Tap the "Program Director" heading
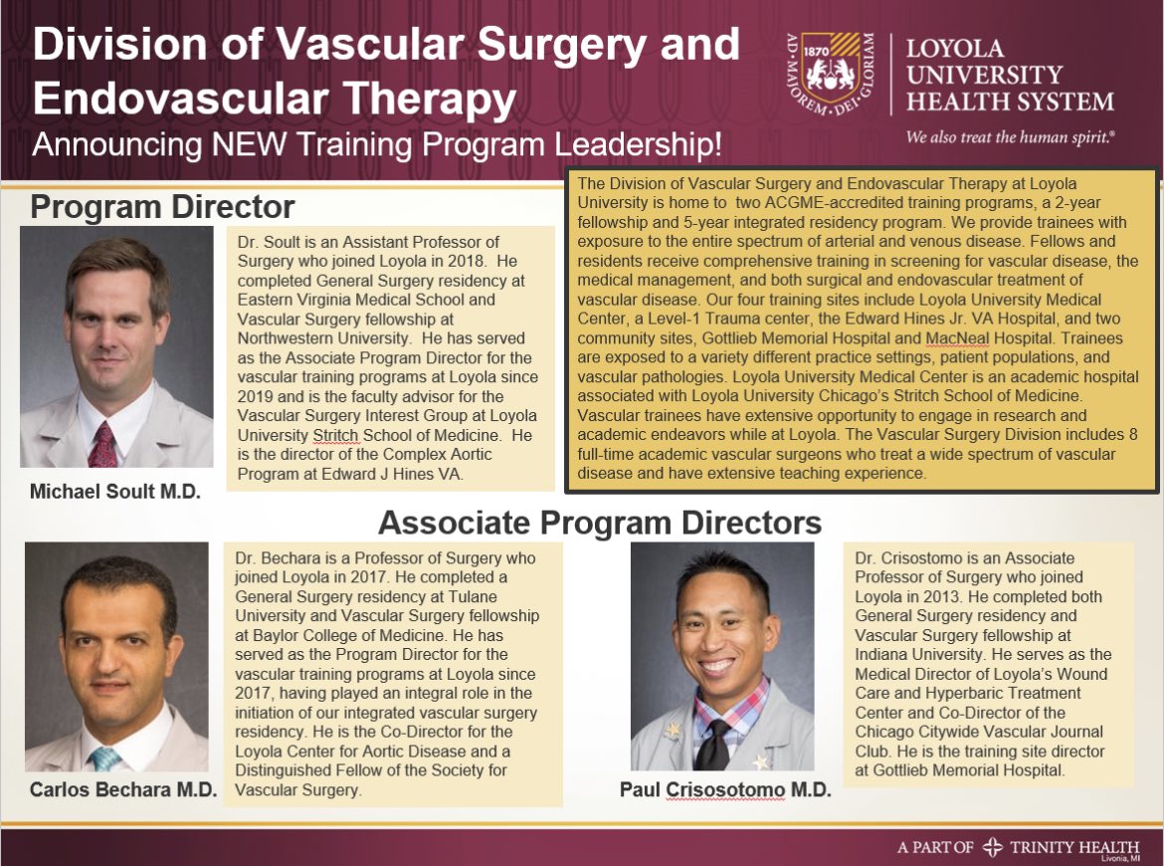[x=162, y=206]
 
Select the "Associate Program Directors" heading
[x=600, y=522]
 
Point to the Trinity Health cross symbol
[x=991, y=847]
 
